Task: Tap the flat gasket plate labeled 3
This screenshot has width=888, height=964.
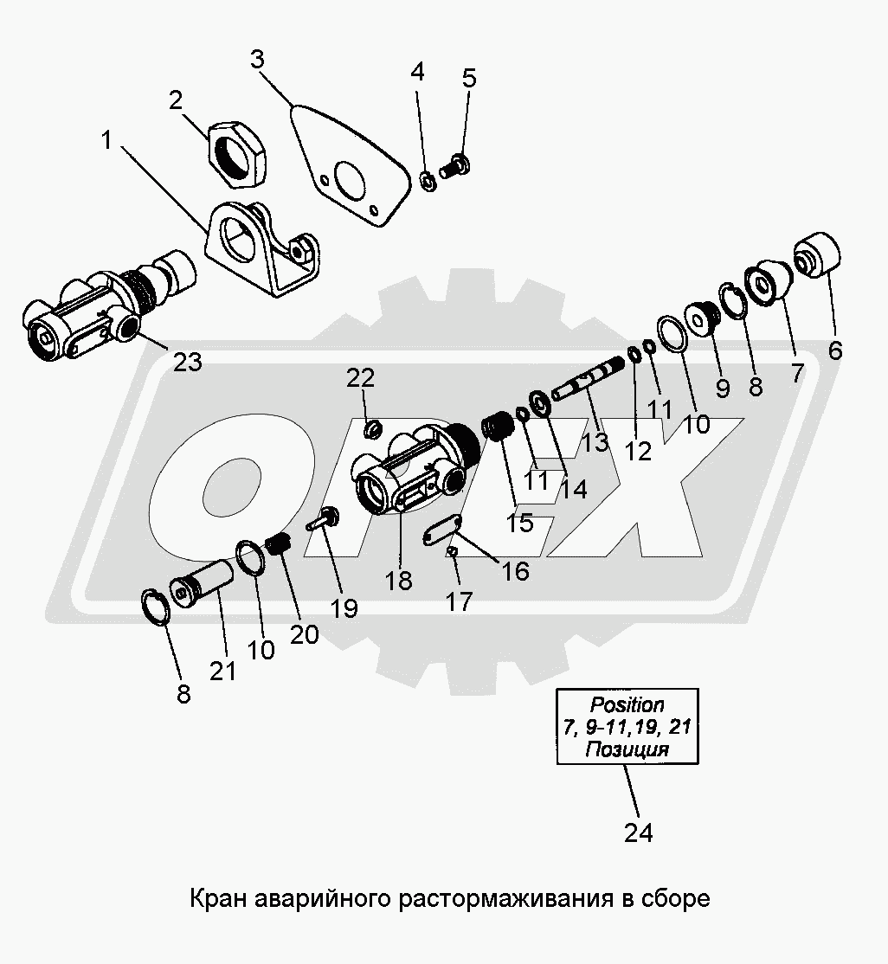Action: coord(351,166)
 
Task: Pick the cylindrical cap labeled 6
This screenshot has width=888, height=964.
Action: coord(817,255)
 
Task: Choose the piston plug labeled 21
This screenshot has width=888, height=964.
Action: coord(201,585)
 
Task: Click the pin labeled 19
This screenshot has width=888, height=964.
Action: coord(324,520)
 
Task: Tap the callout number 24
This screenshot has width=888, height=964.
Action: coord(639,833)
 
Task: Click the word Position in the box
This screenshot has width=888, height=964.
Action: coord(627,704)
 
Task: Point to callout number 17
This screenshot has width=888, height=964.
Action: coord(459,602)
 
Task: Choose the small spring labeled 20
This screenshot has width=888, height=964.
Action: coord(280,544)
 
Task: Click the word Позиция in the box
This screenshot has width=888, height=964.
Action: coord(627,749)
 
